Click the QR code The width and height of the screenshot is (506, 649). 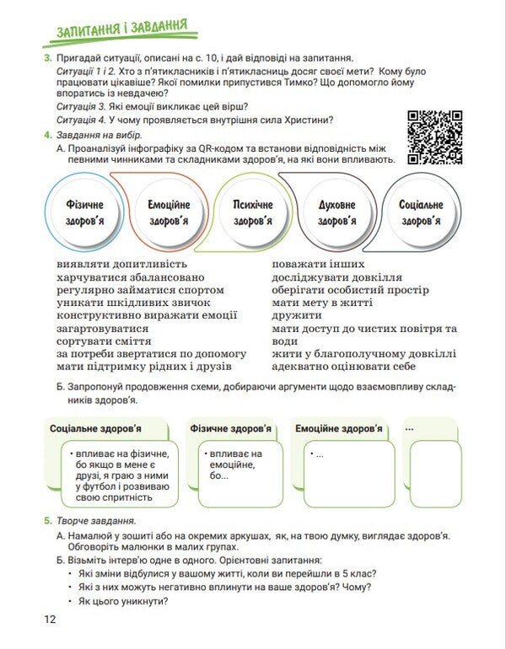coord(434,137)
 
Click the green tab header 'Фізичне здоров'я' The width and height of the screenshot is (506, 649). coord(231,429)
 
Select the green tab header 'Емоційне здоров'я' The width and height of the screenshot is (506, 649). coord(339,429)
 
